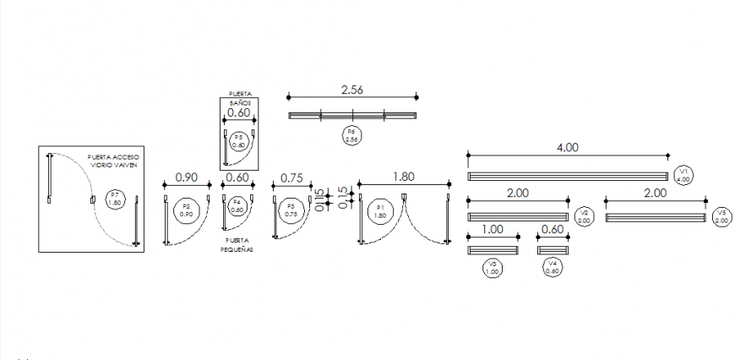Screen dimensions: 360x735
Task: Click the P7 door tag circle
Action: click(x=115, y=200)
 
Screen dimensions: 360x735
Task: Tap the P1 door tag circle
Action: click(x=380, y=211)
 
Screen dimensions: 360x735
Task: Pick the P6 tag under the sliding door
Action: click(x=351, y=135)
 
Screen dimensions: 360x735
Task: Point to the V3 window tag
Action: click(x=493, y=269)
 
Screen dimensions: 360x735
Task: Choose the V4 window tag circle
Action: click(x=553, y=269)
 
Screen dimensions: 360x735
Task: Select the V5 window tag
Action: click(x=721, y=216)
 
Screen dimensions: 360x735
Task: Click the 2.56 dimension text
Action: click(x=352, y=90)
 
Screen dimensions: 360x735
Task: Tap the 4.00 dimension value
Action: click(x=567, y=147)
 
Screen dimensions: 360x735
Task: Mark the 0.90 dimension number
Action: click(x=186, y=177)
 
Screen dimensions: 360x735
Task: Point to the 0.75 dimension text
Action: click(x=291, y=177)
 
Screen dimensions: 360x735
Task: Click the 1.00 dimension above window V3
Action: click(x=492, y=230)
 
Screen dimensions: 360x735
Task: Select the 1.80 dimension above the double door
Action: click(x=404, y=177)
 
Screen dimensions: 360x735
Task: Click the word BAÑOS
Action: click(x=237, y=102)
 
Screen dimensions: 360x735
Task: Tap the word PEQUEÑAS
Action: click(x=237, y=251)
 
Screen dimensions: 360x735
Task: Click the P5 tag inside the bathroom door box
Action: click(x=238, y=140)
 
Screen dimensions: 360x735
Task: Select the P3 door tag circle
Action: click(x=291, y=211)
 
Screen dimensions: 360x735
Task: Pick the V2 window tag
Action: click(x=583, y=216)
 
